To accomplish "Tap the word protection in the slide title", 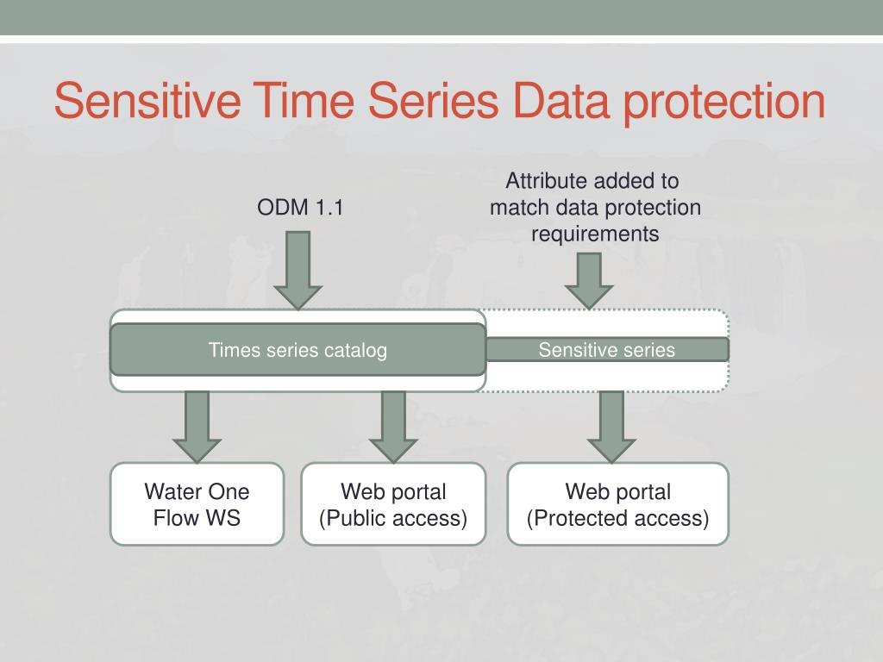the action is pyautogui.click(x=724, y=103).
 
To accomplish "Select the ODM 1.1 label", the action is pyautogui.click(x=300, y=207).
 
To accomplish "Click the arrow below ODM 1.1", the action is pyautogui.click(x=297, y=270).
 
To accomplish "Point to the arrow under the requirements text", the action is pyautogui.click(x=589, y=281).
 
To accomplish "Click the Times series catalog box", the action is pyautogui.click(x=297, y=350).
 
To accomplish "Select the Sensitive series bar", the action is pyautogui.click(x=607, y=350).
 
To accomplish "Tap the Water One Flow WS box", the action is pyautogui.click(x=197, y=504).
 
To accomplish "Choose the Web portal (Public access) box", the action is pyautogui.click(x=393, y=504).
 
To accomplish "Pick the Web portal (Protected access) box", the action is pyautogui.click(x=617, y=504).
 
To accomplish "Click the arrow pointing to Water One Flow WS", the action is pyautogui.click(x=197, y=428).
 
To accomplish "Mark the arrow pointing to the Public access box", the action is pyautogui.click(x=393, y=428).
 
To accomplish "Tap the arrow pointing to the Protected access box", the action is pyautogui.click(x=611, y=428).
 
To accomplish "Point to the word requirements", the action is pyautogui.click(x=595, y=234).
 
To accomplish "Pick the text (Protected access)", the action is pyautogui.click(x=617, y=518).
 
